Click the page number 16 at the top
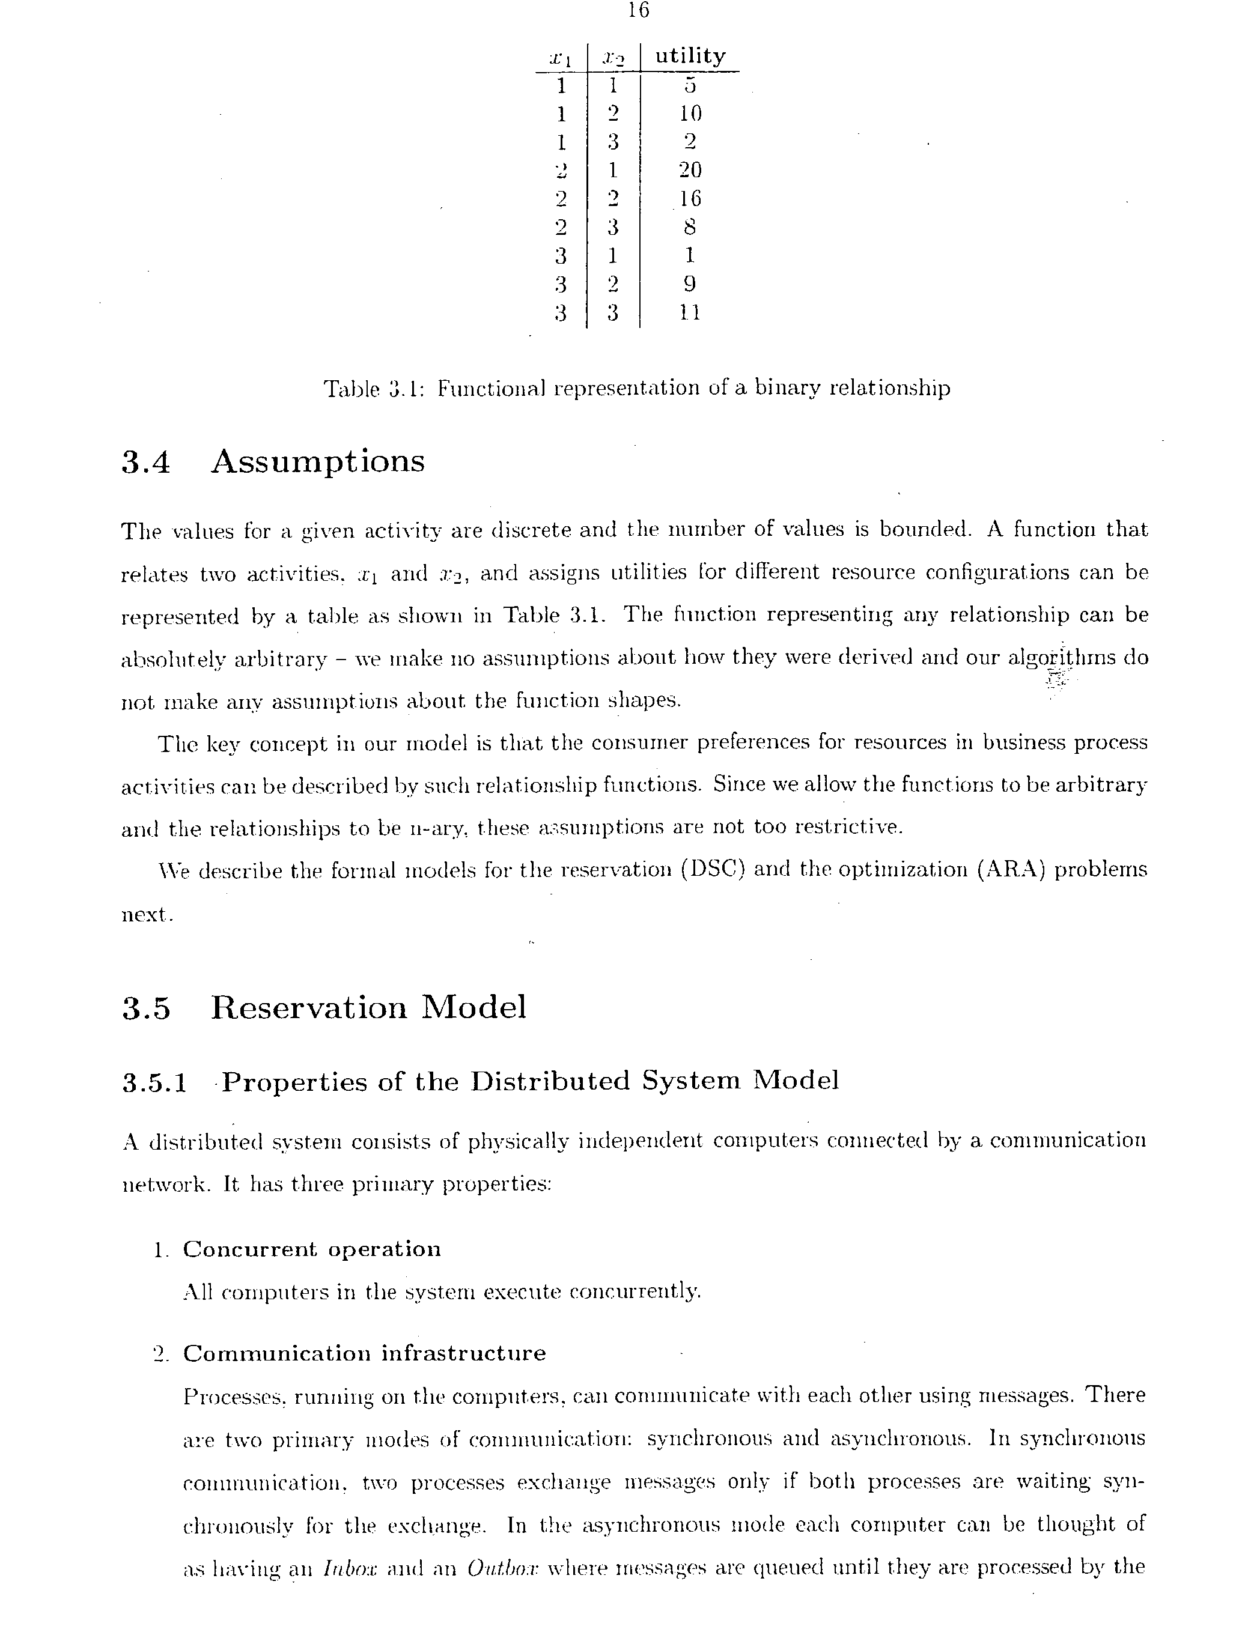point(638,10)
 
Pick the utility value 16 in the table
point(690,199)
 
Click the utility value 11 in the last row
point(689,312)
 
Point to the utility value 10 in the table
point(690,114)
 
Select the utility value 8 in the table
point(690,226)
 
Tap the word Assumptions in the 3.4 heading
point(318,461)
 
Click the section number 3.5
point(146,1008)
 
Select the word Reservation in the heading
point(308,1007)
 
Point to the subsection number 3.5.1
point(154,1082)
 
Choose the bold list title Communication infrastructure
point(364,1353)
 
